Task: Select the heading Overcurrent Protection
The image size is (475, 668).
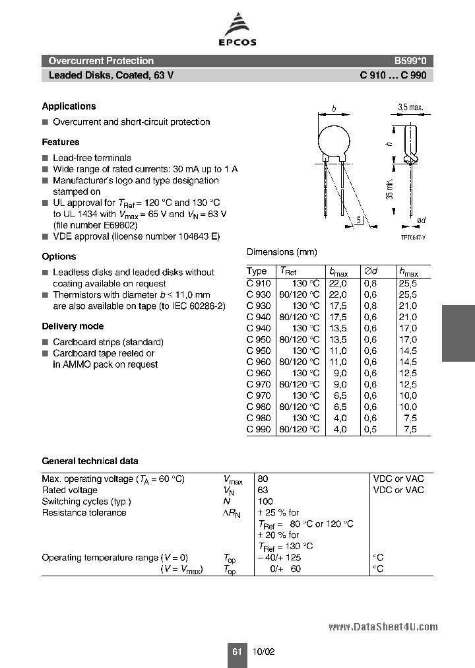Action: pos(101,61)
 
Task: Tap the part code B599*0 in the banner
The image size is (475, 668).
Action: pos(410,61)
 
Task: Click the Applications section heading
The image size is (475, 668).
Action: pos(69,106)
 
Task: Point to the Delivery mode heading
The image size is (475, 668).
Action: pos(73,326)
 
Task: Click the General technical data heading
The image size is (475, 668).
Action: pos(90,461)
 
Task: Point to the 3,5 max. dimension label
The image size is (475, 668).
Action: pos(410,107)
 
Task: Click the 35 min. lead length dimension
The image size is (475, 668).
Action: pos(390,189)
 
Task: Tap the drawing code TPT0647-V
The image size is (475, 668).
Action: pos(414,237)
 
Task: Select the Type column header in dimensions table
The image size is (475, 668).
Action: pos(257,271)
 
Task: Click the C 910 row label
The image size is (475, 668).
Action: pos(258,283)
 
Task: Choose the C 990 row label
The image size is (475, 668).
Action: pos(258,429)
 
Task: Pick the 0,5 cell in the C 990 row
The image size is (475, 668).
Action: pos(370,429)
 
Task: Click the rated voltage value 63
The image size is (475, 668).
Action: pos(263,490)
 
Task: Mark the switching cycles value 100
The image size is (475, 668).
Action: pos(265,501)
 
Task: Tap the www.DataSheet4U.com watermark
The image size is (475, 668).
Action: pos(383,626)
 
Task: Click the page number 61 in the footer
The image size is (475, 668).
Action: pos(237,651)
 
